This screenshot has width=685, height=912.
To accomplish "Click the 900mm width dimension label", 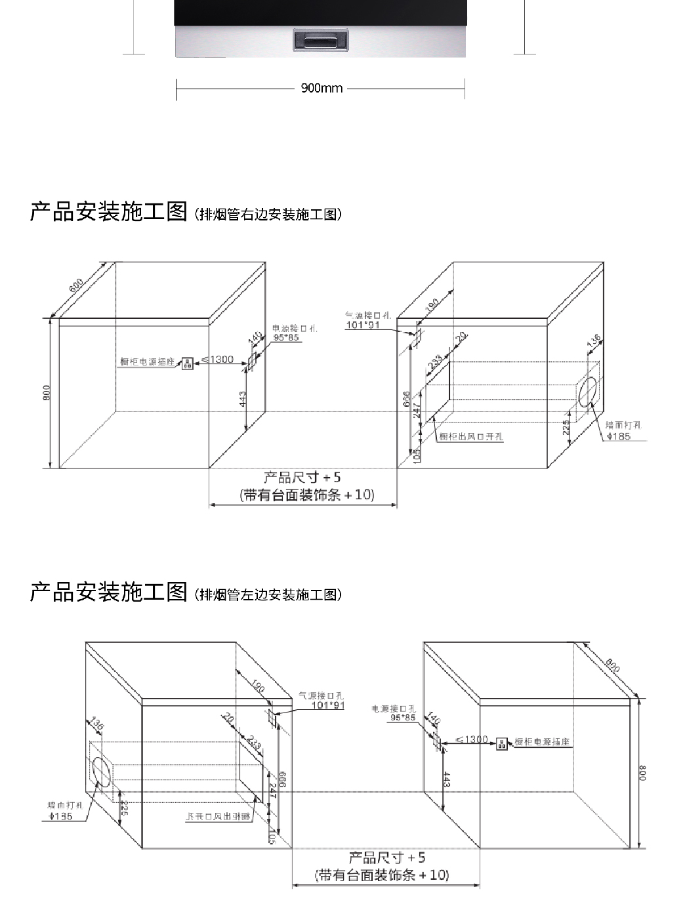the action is (x=322, y=88).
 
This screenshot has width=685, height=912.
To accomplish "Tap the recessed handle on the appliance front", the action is (x=320, y=41).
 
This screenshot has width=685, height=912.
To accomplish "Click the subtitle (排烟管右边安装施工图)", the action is (x=268, y=214).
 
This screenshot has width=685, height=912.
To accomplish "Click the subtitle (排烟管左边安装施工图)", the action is (x=268, y=594).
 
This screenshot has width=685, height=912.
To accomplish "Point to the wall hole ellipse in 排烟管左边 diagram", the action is (x=101, y=771).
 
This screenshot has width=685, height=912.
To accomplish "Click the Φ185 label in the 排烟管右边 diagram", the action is (x=618, y=436).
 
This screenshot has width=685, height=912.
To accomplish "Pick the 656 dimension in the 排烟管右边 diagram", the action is (x=407, y=398).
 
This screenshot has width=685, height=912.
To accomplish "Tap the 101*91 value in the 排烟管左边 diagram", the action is (x=327, y=705).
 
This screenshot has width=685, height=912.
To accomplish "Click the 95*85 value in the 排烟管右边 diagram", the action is (x=285, y=337).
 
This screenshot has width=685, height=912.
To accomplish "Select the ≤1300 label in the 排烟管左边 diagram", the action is (x=472, y=740).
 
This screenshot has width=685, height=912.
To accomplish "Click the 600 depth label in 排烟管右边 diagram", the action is (x=76, y=285).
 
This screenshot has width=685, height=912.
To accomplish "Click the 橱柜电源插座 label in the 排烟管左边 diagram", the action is (x=542, y=742).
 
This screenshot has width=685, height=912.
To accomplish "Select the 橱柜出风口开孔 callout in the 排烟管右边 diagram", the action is (x=470, y=436).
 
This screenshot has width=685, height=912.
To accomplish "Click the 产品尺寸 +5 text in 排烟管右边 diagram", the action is (x=302, y=478).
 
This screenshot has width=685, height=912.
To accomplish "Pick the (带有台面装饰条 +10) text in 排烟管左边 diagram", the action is (x=382, y=875).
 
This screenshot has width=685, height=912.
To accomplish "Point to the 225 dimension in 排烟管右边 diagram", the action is (x=566, y=428).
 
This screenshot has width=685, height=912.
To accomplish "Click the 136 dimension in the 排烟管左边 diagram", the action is (x=96, y=725).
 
